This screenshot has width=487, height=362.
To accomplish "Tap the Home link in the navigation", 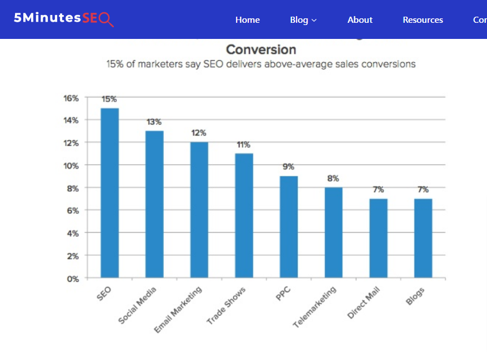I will [247, 19].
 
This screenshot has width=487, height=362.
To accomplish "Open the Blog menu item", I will [303, 19].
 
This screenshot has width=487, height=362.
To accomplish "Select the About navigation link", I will [360, 19].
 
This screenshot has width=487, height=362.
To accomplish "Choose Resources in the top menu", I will [423, 19].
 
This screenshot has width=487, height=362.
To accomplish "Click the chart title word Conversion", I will [261, 49].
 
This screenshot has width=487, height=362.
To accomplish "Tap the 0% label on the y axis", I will [73, 279].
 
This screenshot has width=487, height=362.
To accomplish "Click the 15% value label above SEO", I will [109, 100].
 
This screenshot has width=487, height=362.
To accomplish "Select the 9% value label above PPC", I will [288, 167].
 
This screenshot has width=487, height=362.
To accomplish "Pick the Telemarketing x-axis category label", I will [315, 306].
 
